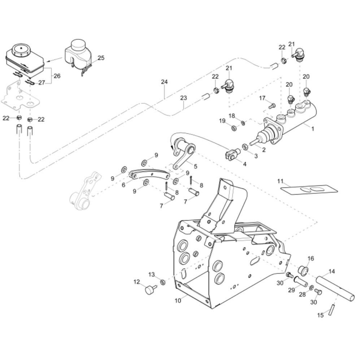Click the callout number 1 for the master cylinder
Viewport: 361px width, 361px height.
pos(312,129)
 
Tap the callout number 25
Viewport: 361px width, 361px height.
pos(101,58)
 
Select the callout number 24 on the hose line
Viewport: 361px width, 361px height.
pos(164,82)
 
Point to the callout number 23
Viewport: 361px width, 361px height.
pos(183,98)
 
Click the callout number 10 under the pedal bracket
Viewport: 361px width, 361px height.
pos(178,300)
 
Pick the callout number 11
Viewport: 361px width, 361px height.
pos(280,181)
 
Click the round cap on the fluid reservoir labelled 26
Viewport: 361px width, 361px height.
pos(21,49)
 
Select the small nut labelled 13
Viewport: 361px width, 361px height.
pos(162,282)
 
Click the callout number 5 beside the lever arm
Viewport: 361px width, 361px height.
pos(195,166)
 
